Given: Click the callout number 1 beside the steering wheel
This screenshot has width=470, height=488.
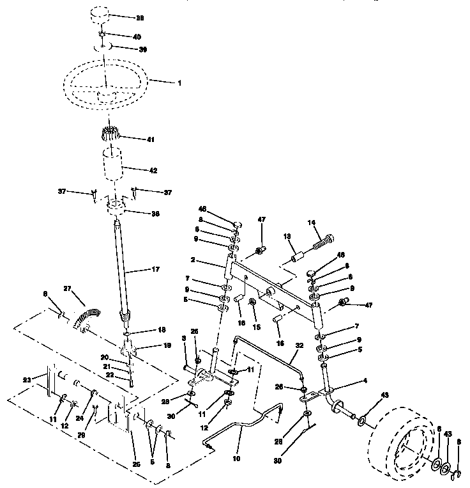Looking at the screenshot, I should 179,83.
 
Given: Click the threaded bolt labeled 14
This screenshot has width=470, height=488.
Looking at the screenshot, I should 320,244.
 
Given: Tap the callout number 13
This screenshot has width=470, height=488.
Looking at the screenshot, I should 287,237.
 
